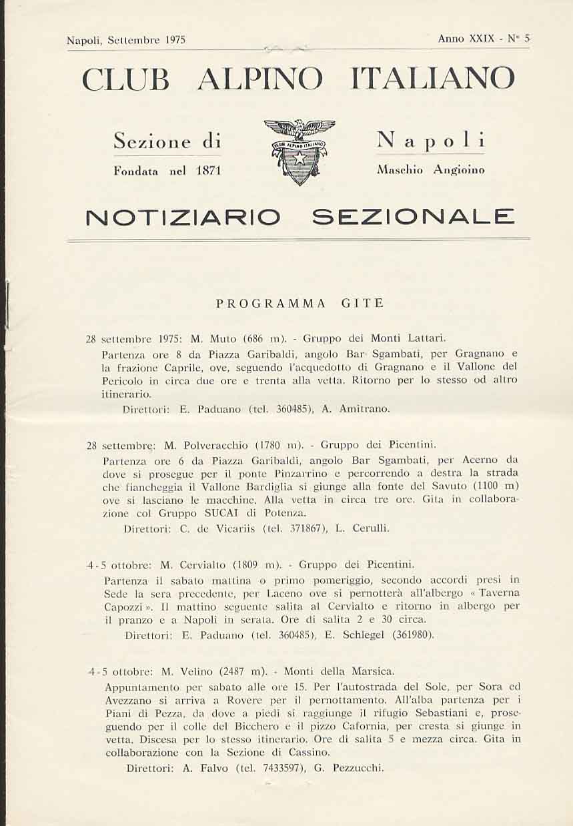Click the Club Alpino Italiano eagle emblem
pyautogui.click(x=300, y=151)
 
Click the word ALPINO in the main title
pyautogui.click(x=261, y=79)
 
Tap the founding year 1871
pyautogui.click(x=208, y=171)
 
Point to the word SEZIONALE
pyautogui.click(x=414, y=217)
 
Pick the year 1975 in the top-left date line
pyautogui.click(x=174, y=40)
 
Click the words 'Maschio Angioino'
pyautogui.click(x=430, y=170)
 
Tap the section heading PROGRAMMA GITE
pyautogui.click(x=300, y=303)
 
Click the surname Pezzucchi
pyautogui.click(x=359, y=767)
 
